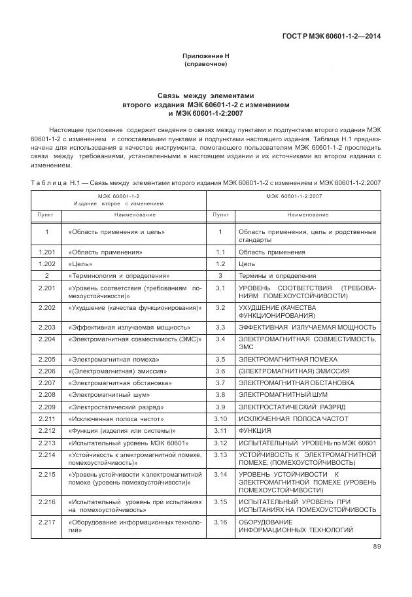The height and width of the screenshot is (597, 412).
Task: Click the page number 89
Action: [376, 547]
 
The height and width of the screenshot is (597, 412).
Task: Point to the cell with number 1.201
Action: [46, 252]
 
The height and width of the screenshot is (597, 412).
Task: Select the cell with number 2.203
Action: [46, 326]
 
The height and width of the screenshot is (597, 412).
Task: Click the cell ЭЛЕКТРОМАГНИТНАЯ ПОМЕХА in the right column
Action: [288, 359]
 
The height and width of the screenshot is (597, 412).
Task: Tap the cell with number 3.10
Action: [220, 418]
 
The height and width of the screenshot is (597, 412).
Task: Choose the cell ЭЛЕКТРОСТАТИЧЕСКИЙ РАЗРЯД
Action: [292, 406]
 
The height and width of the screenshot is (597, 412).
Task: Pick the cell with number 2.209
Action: [46, 406]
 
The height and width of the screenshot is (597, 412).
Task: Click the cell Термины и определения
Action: [277, 275]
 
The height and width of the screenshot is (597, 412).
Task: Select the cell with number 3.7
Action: [220, 383]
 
